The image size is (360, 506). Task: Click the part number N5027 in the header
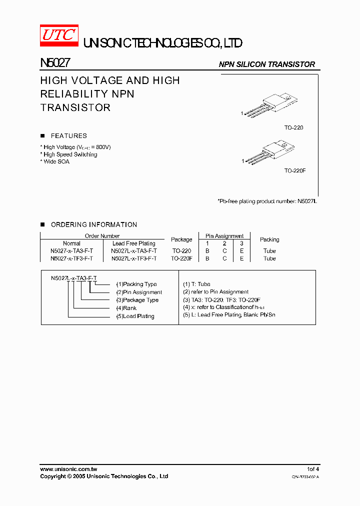[x=55, y=63]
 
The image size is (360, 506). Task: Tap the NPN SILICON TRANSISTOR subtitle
[x=267, y=64]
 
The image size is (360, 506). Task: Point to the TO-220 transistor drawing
[x=273, y=105]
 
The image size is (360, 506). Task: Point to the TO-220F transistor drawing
[x=273, y=152]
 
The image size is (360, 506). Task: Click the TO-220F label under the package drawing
[x=295, y=170]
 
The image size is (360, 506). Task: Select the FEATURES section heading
[x=68, y=136]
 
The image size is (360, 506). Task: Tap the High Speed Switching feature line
[x=70, y=154]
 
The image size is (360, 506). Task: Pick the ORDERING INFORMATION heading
[x=93, y=225]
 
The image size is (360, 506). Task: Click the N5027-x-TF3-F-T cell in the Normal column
[x=72, y=258]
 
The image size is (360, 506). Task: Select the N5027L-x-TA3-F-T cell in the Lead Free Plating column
[x=134, y=251]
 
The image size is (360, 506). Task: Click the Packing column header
[x=269, y=239]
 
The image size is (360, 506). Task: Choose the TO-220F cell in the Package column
[x=181, y=258]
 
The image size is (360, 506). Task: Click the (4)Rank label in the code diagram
[x=126, y=308]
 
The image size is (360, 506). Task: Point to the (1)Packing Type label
[x=136, y=284]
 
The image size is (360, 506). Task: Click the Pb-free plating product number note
[x=267, y=201]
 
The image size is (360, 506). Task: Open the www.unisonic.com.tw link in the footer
[x=68, y=469]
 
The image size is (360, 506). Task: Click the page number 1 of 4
[x=313, y=469]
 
